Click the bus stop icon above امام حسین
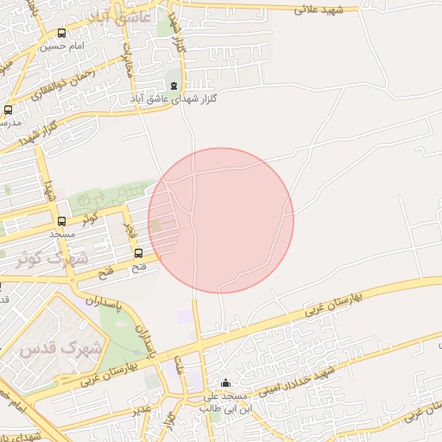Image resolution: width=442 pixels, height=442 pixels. point(61,34)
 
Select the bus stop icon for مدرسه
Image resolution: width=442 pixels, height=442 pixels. point(9,110)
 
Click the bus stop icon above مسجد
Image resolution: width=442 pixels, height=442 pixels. point(61,221)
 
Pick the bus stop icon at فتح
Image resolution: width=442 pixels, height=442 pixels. point(138,253)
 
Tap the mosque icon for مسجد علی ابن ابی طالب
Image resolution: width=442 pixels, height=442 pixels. point(226,383)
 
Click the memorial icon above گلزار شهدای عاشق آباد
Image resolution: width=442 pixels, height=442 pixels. point(175,86)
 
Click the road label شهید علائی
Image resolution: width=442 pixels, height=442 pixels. point(319,9)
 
